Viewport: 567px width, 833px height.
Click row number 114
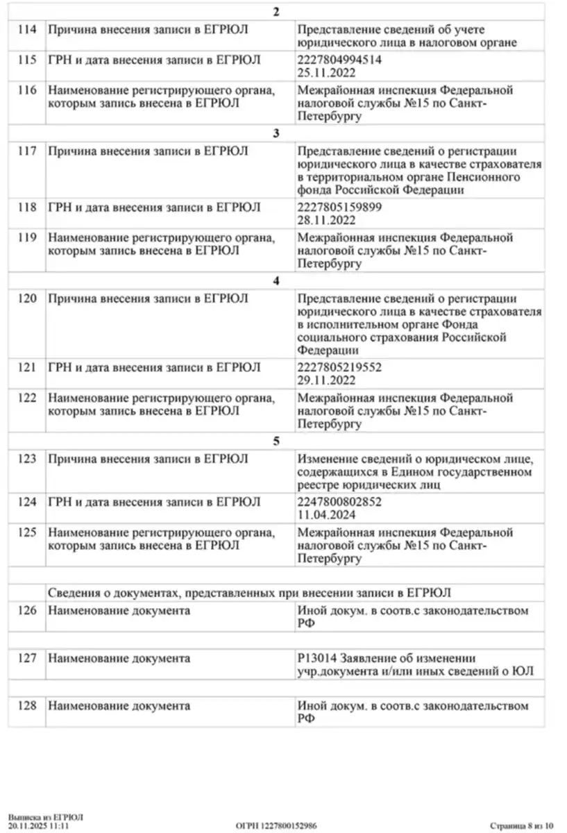coord(26,29)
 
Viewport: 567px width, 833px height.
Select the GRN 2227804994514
coord(339,60)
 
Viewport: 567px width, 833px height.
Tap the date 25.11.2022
coord(326,73)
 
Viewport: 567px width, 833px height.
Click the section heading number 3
coord(276,134)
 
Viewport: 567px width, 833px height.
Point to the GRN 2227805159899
coord(339,208)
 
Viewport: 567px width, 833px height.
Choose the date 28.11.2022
coord(326,220)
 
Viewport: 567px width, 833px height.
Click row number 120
coord(26,298)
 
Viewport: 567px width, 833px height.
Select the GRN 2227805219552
coord(339,367)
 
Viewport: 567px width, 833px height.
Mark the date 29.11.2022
coord(326,380)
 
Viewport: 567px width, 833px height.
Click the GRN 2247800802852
coord(339,502)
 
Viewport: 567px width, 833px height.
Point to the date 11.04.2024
coord(326,515)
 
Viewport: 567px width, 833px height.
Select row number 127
coord(26,658)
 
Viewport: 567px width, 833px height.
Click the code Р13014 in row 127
coord(315,658)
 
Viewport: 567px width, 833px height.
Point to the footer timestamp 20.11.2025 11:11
coord(39,826)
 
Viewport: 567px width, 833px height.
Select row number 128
coord(26,706)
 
